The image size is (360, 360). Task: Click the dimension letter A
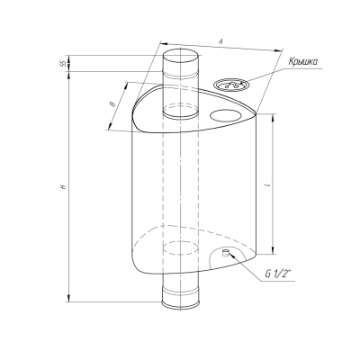pos(220,41)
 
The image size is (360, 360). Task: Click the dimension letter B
pos(112,104)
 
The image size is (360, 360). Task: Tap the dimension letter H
pos(63,186)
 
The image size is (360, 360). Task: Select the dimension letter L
pos(267,185)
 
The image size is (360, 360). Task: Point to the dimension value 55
pos(63,64)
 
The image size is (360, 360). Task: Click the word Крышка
pos(303,62)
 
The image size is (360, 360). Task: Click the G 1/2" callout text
pos(278,274)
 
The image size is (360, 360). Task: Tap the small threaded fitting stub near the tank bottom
pos(225,253)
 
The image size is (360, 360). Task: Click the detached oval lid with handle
pos(231,85)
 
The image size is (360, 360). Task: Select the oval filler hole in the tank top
pos(226,115)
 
